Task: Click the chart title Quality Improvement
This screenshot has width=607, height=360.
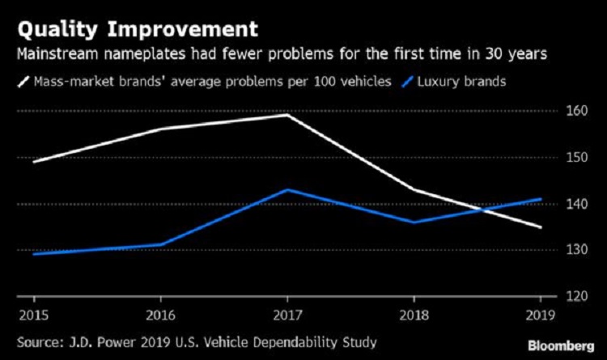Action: click(x=134, y=30)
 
